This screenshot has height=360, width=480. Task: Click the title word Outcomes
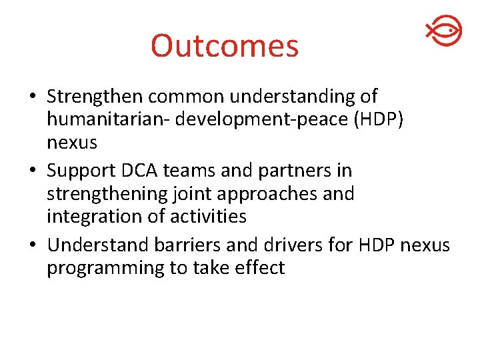tap(225, 46)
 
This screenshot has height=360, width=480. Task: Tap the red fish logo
tap(443, 31)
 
